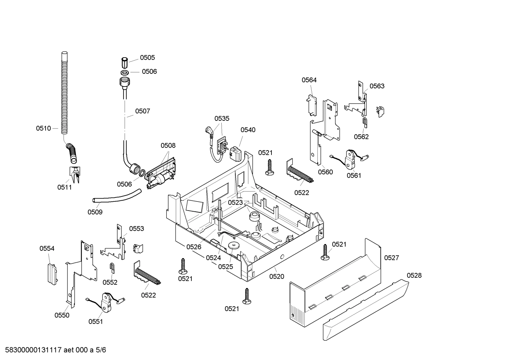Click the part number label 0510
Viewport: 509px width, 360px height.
(43, 128)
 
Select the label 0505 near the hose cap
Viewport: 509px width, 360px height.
(147, 58)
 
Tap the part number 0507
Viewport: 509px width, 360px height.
(142, 111)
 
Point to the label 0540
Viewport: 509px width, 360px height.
(248, 130)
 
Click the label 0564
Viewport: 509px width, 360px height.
(309, 80)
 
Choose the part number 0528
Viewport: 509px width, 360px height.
(414, 275)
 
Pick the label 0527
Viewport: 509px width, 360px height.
(391, 258)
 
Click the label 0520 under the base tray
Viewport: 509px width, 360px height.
(276, 277)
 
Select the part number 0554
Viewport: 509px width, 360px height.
(47, 248)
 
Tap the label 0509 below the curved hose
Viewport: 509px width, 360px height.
(95, 212)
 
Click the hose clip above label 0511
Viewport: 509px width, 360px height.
(74, 174)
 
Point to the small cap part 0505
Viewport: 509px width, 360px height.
(124, 63)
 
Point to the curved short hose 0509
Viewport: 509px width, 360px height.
(116, 196)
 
